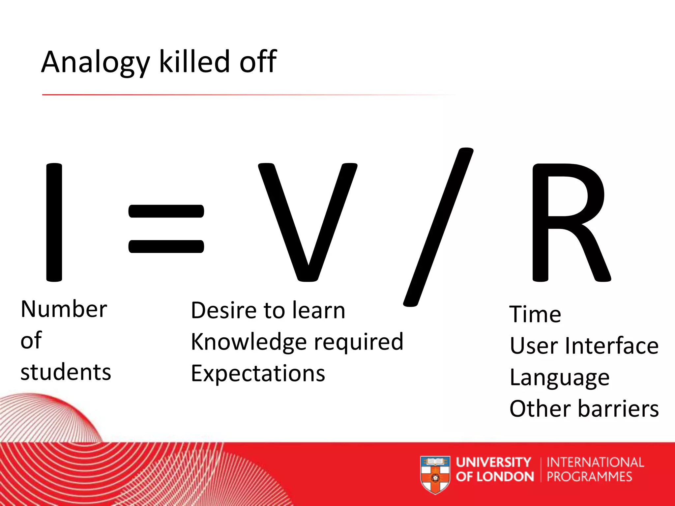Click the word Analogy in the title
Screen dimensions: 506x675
click(x=96, y=63)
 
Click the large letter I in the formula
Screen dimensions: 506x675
click(x=54, y=222)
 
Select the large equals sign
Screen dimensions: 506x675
click(x=166, y=229)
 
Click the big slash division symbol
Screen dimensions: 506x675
click(x=438, y=227)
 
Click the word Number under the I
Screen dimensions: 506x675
click(x=64, y=309)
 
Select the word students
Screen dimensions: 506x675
click(x=66, y=372)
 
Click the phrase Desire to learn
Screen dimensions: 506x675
click(x=268, y=311)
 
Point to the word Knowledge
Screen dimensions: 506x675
click(x=249, y=342)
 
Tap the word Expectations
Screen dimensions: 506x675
click(x=258, y=374)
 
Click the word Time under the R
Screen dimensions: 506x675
click(x=535, y=314)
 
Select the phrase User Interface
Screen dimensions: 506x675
click(x=584, y=346)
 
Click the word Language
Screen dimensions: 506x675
click(x=559, y=378)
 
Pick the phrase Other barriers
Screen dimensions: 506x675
click(x=584, y=409)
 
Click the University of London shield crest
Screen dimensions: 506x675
click(x=435, y=474)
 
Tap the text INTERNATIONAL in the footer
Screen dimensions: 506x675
click(x=595, y=463)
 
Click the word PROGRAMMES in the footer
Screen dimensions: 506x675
click(x=589, y=477)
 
